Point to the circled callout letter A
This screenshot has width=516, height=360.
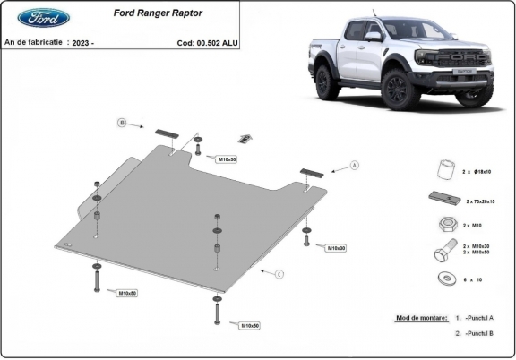pos(355,165)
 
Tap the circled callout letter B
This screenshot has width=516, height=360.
pos(122,122)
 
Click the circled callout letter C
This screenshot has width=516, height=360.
pos(279,274)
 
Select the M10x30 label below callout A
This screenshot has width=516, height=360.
pos(335,247)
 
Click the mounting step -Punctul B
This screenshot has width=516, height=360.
pos(481,333)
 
